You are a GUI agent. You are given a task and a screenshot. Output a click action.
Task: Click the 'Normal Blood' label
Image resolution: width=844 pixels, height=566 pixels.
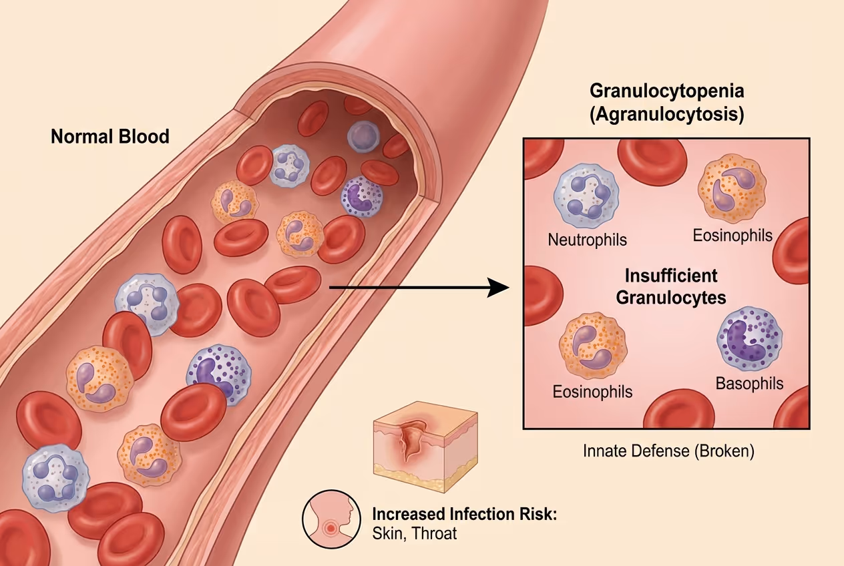click(110, 137)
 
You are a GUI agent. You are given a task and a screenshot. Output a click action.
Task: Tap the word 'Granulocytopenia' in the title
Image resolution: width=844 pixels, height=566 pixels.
click(666, 91)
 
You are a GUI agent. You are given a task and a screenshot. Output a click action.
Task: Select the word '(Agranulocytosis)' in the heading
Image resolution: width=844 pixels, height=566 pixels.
click(666, 113)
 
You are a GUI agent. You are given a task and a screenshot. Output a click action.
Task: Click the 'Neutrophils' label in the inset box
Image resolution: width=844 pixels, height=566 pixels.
click(588, 239)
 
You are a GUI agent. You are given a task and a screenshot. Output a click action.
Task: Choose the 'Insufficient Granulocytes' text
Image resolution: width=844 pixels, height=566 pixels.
click(670, 286)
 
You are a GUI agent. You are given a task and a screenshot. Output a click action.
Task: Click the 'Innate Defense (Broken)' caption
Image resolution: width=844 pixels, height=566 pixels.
click(668, 451)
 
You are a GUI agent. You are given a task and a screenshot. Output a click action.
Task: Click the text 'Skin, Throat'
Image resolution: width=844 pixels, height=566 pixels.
click(414, 534)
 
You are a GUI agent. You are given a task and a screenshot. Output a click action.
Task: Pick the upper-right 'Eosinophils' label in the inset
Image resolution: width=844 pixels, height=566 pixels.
click(732, 235)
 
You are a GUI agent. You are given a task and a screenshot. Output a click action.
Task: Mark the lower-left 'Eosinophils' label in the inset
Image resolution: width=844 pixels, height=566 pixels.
click(592, 391)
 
